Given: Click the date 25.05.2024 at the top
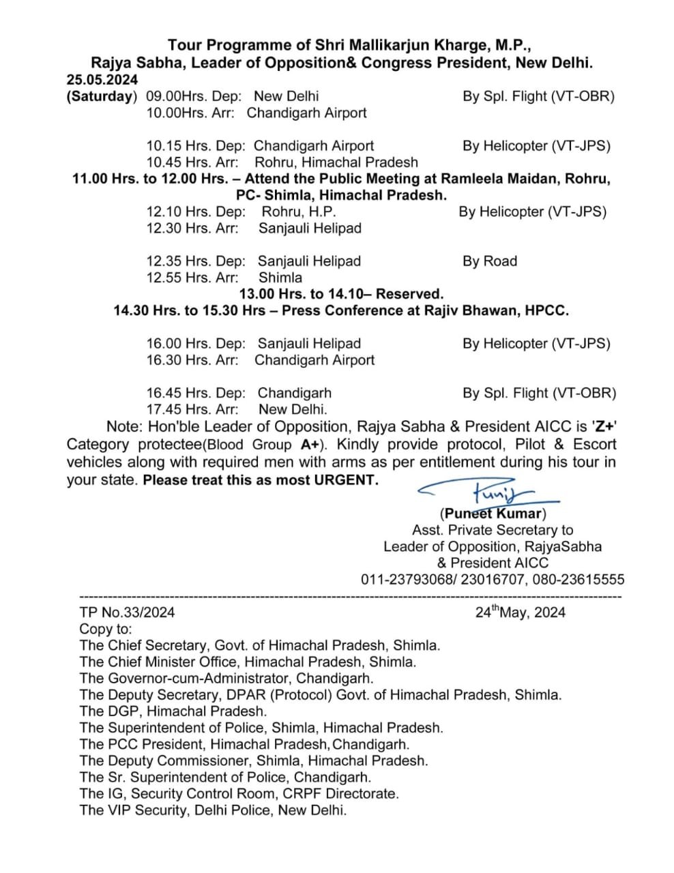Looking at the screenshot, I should click(102, 80).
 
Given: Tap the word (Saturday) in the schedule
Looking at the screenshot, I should click(102, 96).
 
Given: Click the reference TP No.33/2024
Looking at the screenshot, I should click(127, 612).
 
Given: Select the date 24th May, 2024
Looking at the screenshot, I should click(520, 612).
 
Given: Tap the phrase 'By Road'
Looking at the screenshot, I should click(490, 261).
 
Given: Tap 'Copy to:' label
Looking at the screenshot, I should click(106, 629).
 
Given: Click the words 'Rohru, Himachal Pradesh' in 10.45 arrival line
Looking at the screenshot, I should click(336, 162).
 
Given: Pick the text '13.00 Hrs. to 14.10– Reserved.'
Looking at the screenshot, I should click(341, 294).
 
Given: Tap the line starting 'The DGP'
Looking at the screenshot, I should click(173, 711).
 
